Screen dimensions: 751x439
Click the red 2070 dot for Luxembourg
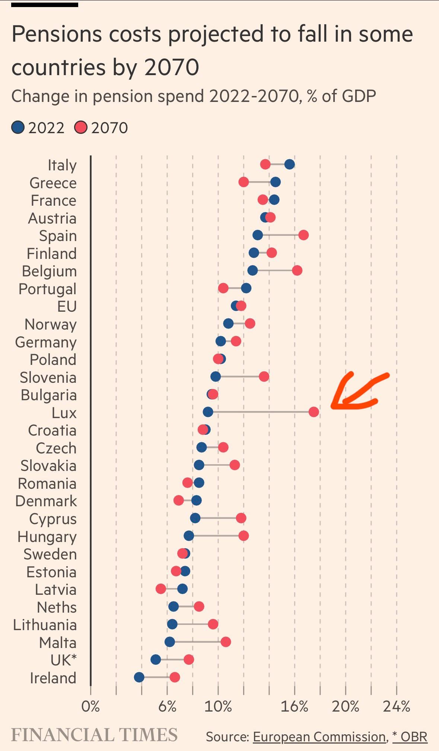(x=314, y=412)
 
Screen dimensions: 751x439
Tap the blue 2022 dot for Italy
(x=289, y=164)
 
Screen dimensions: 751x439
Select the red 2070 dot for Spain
(x=303, y=235)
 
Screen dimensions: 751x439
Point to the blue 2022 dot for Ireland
(x=139, y=677)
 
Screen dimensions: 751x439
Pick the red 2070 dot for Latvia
(x=160, y=589)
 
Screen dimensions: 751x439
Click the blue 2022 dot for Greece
(x=276, y=182)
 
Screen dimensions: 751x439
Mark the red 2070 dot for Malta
(x=226, y=642)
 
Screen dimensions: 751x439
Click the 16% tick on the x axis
(x=294, y=706)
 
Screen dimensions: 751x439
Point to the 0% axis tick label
(x=90, y=706)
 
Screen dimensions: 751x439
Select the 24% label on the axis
(x=397, y=706)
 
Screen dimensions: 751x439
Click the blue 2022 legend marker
(x=18, y=128)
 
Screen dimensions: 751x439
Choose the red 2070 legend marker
(x=80, y=128)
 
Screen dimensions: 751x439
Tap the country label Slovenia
(x=48, y=378)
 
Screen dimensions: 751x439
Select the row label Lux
(x=64, y=413)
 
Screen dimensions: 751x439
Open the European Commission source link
(x=319, y=736)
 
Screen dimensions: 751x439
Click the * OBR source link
(x=410, y=736)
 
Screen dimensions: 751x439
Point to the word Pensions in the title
(x=57, y=34)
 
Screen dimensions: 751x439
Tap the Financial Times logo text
(x=94, y=735)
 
